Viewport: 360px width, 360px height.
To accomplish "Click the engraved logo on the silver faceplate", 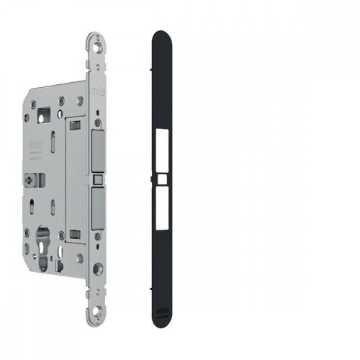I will coord(98,93).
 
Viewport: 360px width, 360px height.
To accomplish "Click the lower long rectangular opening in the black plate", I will coord(163,203).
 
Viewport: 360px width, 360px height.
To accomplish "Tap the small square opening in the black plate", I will coord(163,176).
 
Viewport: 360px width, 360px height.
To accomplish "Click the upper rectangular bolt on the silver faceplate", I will coord(98,150).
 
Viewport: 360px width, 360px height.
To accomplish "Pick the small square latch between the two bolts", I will coord(98,176).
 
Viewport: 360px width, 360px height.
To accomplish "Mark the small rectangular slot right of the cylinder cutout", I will coord(75,234).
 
